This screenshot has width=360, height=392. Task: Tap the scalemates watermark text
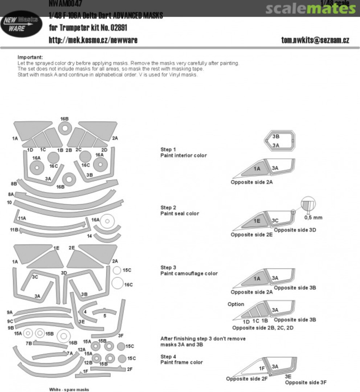coord(310,8)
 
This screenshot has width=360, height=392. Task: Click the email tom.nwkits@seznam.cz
coord(315,40)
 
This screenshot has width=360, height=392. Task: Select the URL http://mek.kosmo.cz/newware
coord(93,40)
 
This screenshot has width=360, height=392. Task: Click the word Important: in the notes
coord(30,57)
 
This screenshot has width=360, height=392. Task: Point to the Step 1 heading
coord(168,150)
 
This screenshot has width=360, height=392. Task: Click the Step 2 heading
coord(168,208)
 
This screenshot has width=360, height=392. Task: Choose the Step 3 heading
coord(168,268)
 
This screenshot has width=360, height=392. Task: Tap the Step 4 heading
coord(168,356)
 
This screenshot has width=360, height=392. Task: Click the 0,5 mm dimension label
coord(313,217)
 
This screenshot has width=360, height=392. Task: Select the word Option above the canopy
coord(236,304)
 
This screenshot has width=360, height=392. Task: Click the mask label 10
coord(9,202)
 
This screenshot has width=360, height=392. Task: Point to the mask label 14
coord(89,236)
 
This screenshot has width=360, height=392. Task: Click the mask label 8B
coord(14,184)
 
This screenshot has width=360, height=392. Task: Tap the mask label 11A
coord(22,218)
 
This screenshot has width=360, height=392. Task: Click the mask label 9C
coord(10,321)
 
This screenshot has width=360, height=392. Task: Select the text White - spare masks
coord(69,389)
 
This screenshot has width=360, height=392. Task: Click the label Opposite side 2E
coord(251,235)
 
